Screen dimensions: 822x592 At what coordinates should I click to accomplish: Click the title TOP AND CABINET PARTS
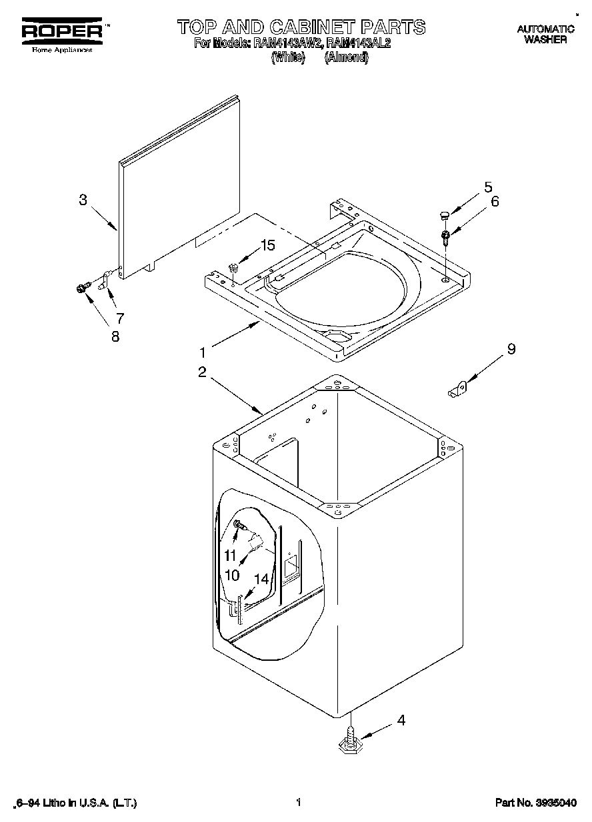pos(301,27)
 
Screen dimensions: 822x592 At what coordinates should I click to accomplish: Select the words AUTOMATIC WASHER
pos(545,34)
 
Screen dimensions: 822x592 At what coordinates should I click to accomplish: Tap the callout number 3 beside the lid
pos(83,199)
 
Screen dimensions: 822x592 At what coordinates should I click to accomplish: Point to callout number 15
pos(267,245)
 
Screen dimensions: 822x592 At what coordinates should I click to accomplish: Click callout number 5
pos(488,187)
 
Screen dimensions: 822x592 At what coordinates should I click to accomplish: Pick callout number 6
pos(494,201)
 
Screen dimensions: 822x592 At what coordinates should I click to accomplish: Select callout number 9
pos(511,348)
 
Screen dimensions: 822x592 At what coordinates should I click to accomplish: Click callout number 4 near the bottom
pos(401,719)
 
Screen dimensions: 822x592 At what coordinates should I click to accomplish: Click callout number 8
pos(115,337)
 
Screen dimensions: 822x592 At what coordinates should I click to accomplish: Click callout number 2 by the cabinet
pos(201,372)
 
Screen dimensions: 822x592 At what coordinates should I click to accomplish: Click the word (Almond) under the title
pos(346,57)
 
